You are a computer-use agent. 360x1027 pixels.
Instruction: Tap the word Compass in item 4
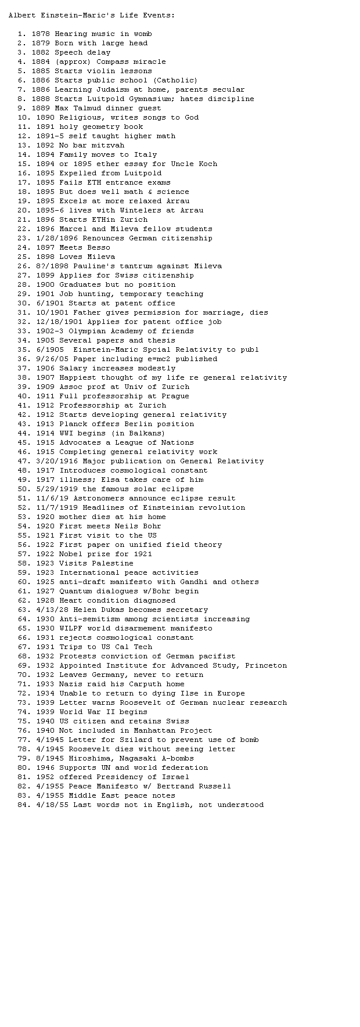click(113, 62)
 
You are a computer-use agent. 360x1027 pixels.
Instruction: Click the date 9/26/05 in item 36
click(48, 359)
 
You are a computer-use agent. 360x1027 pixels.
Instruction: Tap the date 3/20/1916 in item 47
click(52, 461)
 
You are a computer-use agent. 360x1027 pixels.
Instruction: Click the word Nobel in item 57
click(71, 554)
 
